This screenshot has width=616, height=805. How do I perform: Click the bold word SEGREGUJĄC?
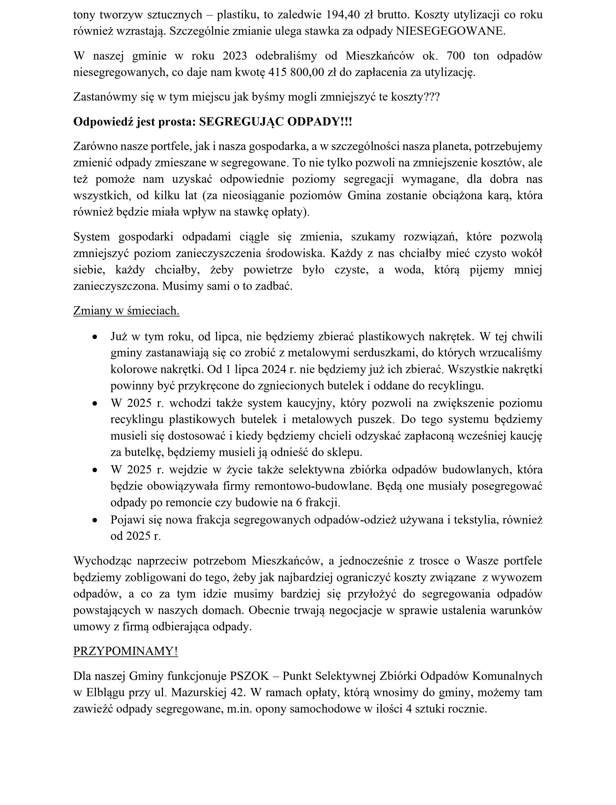241,122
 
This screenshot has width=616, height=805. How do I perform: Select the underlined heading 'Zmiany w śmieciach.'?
126,311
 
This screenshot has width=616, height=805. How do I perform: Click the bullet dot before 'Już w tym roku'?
95,337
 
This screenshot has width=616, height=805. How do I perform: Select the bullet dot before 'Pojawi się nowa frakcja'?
95,520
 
